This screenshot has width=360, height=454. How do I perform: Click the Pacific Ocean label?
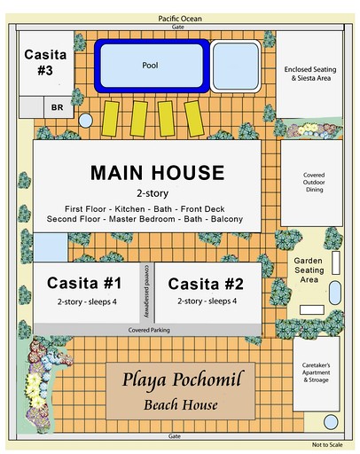point(180,18)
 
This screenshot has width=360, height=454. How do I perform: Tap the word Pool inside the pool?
point(150,65)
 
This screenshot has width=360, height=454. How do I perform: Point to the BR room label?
point(57,107)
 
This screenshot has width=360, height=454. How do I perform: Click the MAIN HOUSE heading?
point(157,172)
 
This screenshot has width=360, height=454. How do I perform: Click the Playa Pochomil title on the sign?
point(174,382)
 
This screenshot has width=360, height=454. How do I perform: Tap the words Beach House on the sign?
point(174,405)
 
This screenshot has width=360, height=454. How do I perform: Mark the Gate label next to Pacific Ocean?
point(180,27)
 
